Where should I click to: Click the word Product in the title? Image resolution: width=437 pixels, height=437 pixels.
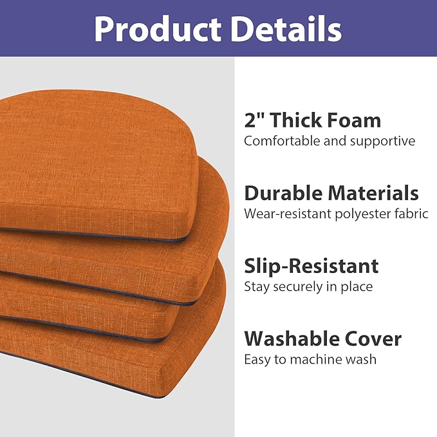click(157, 28)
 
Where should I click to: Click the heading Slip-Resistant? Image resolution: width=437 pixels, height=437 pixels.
click(311, 266)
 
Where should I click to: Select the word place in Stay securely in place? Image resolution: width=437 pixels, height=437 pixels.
click(358, 287)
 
